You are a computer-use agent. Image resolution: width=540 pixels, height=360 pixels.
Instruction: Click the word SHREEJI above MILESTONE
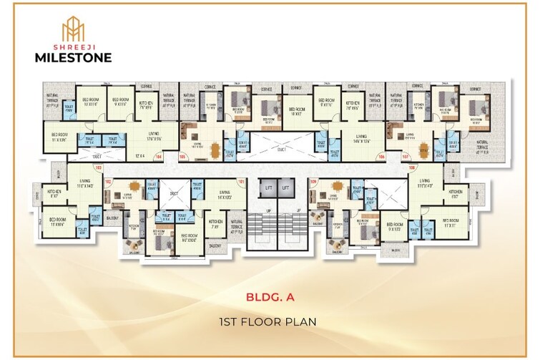[74, 44]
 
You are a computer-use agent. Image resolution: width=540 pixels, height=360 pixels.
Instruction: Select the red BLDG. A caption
[269, 295]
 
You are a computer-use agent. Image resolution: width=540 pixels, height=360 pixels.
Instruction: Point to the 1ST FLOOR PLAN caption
[269, 322]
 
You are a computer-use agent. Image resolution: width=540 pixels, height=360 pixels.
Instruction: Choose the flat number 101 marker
[241, 182]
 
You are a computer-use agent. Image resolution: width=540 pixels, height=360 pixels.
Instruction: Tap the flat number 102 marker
[109, 182]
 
